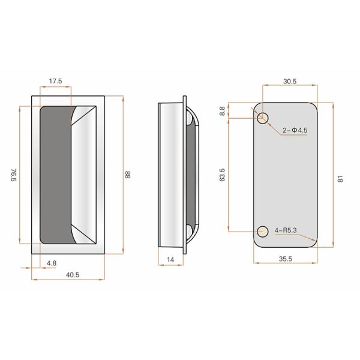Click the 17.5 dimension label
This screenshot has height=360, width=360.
click(55, 80)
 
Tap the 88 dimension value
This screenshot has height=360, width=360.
click(128, 175)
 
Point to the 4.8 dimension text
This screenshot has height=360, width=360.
click(52, 263)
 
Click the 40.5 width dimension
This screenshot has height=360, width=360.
click(73, 275)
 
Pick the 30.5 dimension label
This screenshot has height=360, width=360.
click(289, 80)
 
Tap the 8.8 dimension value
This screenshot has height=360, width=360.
click(222, 111)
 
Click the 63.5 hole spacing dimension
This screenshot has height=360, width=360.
click(222, 175)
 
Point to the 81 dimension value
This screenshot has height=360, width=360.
click(340, 178)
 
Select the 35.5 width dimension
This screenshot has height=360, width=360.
click(285, 259)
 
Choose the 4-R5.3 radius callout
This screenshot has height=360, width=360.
click(287, 230)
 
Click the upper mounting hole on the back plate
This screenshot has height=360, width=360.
click(263, 118)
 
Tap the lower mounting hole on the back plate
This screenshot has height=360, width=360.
click(262, 231)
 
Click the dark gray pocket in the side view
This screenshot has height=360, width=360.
click(191, 174)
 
